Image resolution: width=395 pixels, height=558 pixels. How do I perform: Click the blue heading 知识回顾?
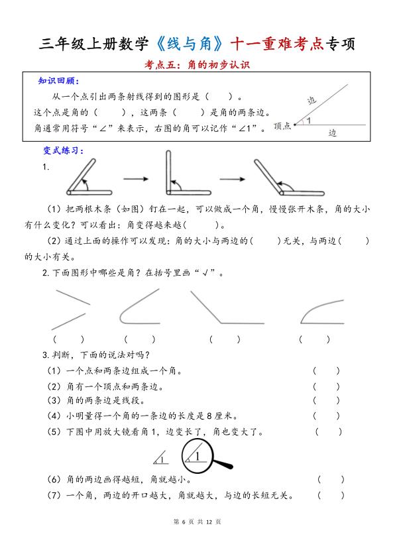tap(58, 82)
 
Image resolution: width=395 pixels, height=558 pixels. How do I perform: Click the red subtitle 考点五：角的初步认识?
tap(197, 65)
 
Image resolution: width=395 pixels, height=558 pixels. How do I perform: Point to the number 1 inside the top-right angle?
tap(308, 121)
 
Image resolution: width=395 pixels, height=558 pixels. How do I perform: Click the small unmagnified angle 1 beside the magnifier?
tap(160, 457)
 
